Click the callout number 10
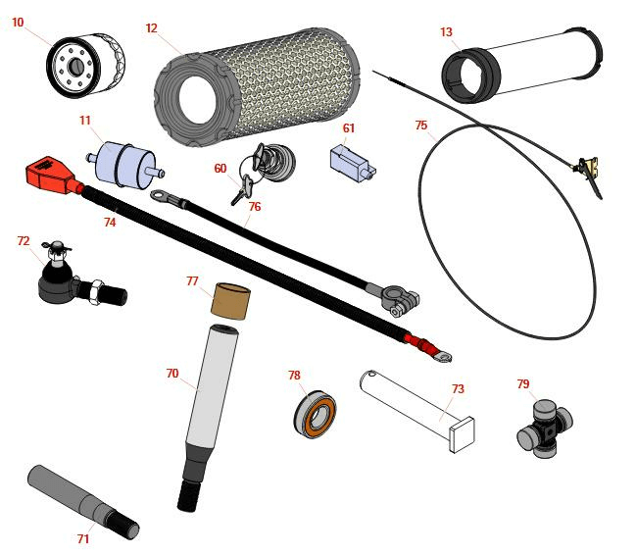point(18,22)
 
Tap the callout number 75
point(421,125)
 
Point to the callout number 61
point(349,128)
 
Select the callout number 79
point(523,383)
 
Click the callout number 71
point(83,538)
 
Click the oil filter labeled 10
point(85,67)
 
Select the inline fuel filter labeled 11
point(125,165)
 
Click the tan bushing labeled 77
point(230,301)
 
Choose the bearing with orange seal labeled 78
point(316,414)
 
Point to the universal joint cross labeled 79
point(545,429)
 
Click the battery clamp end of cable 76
point(399,300)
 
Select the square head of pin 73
point(462,434)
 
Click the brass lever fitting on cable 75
point(587,167)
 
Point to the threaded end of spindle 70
point(188,495)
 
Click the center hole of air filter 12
point(197,100)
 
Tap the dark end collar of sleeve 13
point(470,76)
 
